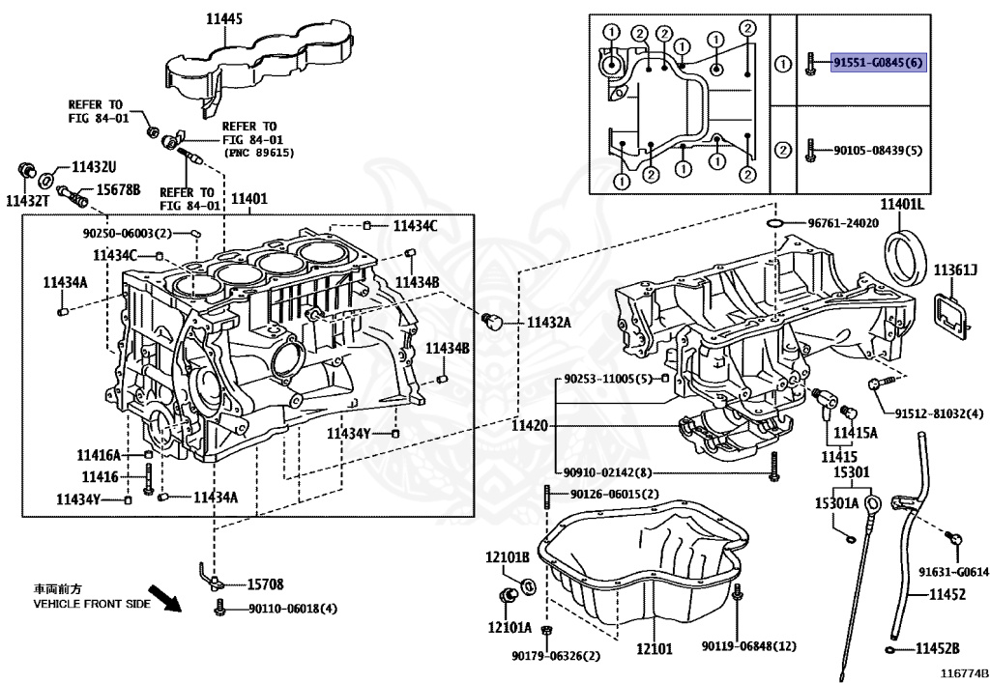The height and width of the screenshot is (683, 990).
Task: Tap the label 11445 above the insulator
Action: point(224,17)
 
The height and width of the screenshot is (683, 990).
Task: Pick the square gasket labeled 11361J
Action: point(949,315)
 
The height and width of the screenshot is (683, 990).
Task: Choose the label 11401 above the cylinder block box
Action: point(249,200)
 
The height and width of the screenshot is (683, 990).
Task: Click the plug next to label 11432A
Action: point(491,321)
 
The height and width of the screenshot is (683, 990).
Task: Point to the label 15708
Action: point(265,584)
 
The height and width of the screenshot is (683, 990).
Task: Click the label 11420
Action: point(529,425)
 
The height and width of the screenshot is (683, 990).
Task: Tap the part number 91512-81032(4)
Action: point(938,413)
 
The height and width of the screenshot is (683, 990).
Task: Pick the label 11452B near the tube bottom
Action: point(938,647)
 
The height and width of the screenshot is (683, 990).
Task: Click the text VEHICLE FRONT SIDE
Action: point(92,604)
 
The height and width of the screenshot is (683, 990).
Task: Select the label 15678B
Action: point(117,189)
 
